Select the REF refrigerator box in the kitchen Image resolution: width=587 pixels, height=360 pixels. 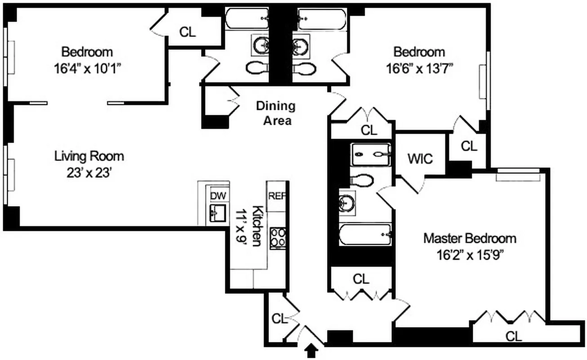(276, 196)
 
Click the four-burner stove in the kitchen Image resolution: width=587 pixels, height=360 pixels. (278, 238)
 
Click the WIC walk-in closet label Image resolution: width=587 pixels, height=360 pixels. (420, 159)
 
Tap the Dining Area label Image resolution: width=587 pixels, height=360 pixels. (276, 113)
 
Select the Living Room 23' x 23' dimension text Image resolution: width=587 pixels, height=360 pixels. (89, 172)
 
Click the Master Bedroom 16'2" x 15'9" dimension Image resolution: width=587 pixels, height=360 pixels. (469, 255)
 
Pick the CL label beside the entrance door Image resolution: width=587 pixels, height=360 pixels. (279, 319)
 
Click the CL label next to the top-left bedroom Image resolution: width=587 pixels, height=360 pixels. (188, 32)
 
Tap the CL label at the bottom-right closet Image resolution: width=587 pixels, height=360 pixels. (514, 336)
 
